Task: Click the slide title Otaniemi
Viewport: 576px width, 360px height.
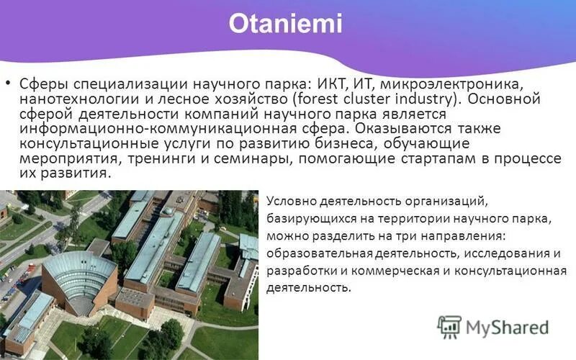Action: click(286, 24)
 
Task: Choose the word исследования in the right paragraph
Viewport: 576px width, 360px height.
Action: click(509, 253)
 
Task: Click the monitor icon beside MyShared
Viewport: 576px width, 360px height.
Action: click(450, 327)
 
